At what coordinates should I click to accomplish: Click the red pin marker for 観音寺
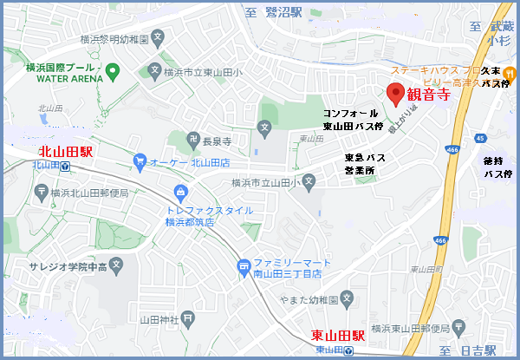click(395, 95)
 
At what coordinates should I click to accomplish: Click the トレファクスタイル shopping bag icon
click(180, 192)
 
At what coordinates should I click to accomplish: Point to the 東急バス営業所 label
click(364, 163)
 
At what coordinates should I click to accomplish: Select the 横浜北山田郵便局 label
click(90, 193)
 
